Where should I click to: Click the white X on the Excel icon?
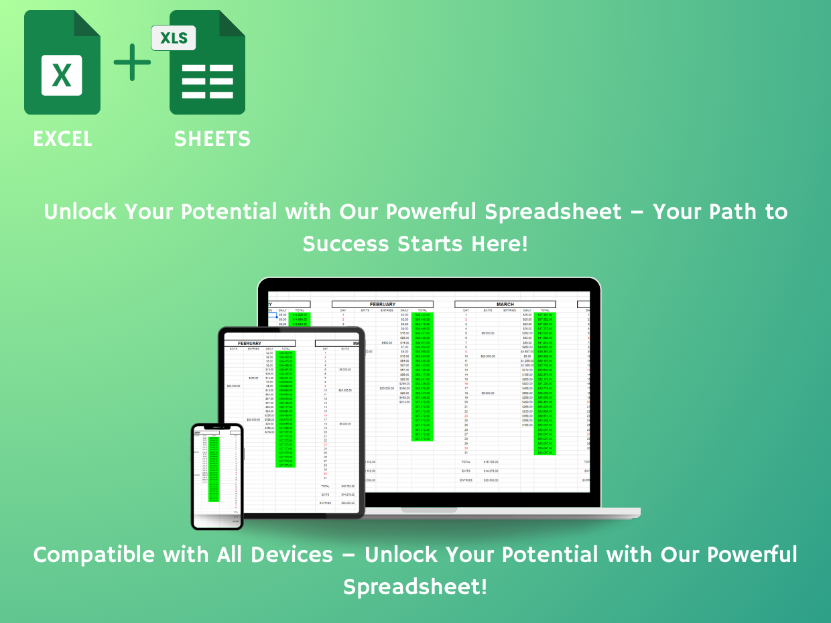62,74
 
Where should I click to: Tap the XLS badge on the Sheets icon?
174,38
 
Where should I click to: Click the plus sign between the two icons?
133,62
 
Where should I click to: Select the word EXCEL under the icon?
62,139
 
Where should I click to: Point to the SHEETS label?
212,139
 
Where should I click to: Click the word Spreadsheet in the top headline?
553,212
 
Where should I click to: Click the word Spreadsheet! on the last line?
415,587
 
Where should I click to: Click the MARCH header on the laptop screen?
505,305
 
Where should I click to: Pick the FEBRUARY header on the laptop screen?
382,305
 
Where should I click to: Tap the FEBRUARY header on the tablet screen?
250,344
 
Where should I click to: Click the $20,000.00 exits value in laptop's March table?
487,356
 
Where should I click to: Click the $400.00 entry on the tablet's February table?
253,378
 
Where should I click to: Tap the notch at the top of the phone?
217,427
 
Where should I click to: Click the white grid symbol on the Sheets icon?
207,81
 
